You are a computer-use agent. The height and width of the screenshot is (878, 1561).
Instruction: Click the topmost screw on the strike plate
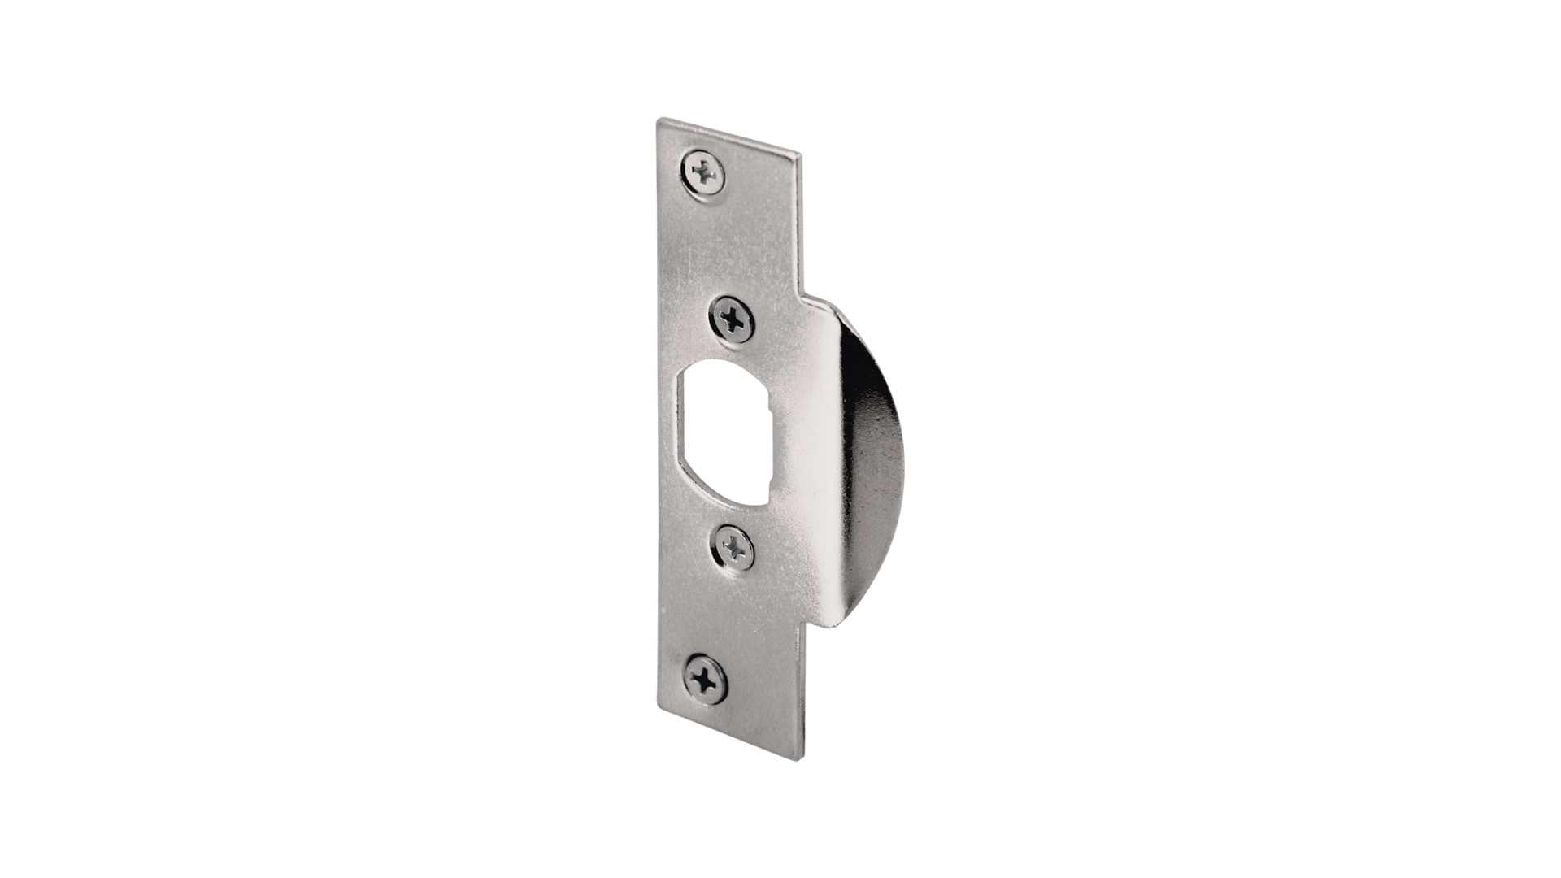[x=704, y=172]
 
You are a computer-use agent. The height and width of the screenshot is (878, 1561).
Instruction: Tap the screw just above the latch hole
[x=733, y=318]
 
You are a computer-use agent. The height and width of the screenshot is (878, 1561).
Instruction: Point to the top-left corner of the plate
[x=659, y=121]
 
